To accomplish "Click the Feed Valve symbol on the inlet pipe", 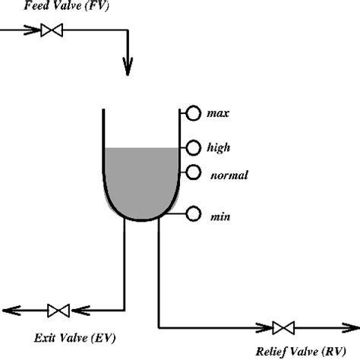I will [52, 31].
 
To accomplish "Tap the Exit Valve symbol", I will [58, 311].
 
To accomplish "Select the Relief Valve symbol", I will [283, 328].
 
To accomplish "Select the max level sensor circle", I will [193, 113].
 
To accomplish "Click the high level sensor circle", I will [193, 147].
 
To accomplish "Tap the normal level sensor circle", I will [193, 172].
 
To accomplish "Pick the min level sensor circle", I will [193, 215].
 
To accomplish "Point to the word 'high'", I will [219, 147].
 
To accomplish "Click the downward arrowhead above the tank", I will [128, 69].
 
